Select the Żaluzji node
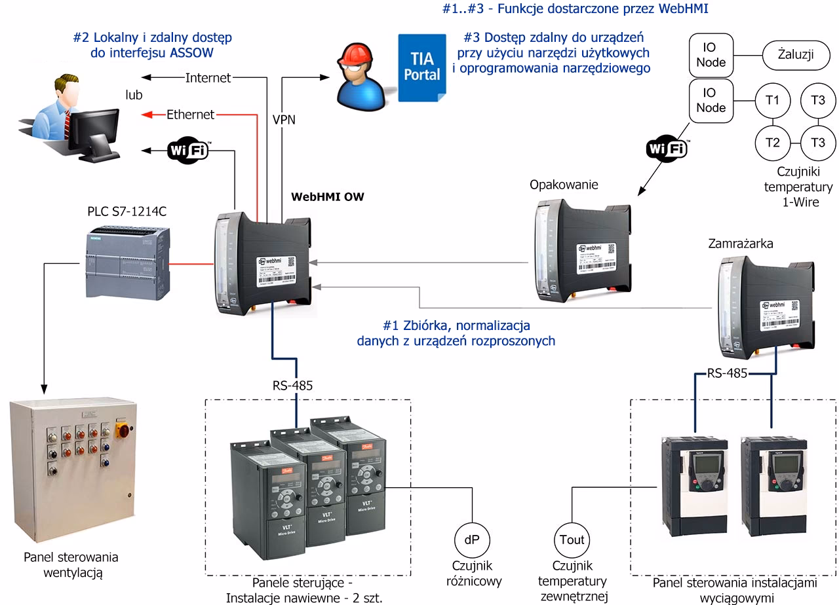[796, 54]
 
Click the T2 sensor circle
[773, 142]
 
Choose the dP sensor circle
[471, 540]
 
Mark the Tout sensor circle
[572, 540]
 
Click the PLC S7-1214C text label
[127, 213]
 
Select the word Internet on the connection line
[208, 78]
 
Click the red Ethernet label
[190, 115]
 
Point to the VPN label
[284, 120]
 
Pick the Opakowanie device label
[564, 185]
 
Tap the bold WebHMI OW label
[328, 196]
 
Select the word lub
[134, 95]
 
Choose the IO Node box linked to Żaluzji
[710, 55]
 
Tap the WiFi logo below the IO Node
[667, 149]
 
